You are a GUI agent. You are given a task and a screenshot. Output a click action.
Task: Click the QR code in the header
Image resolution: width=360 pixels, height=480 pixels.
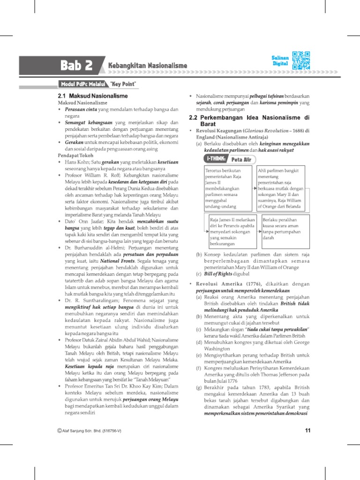[301, 60]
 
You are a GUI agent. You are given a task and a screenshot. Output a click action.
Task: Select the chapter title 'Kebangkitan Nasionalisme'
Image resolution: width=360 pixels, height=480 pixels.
[148, 66]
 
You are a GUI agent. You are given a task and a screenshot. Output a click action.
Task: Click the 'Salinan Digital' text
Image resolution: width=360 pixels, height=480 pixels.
[279, 60]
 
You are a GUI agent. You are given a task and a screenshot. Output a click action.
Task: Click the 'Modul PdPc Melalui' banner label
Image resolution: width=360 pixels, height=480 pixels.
[76, 84]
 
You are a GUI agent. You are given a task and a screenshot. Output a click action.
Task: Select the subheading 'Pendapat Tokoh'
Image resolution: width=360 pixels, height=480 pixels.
[75, 155]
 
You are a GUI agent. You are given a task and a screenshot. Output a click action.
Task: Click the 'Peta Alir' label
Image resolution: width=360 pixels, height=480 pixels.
[241, 160]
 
